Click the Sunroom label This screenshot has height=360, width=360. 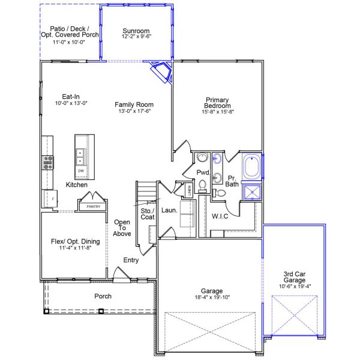(x=136, y=31)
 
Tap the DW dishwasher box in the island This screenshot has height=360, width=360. (x=81, y=171)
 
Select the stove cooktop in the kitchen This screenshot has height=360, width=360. (x=48, y=163)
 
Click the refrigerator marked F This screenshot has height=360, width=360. (x=50, y=199)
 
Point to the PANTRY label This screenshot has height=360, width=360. (x=94, y=206)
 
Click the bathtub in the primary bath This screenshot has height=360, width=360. (x=252, y=167)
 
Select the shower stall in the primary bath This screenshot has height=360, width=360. (x=252, y=192)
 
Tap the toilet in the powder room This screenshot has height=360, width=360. (x=203, y=186)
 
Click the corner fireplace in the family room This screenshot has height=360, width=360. (x=161, y=71)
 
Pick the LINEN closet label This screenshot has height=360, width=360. (x=190, y=190)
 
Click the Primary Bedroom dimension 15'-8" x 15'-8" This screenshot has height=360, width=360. (x=218, y=112)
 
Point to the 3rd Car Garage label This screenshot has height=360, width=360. (x=295, y=277)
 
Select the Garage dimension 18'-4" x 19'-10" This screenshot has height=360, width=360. (x=212, y=298)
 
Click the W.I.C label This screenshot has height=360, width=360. (x=220, y=216)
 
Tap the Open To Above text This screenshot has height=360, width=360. (x=122, y=228)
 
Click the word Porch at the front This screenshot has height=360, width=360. (x=103, y=296)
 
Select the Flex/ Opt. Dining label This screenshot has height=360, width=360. (x=76, y=242)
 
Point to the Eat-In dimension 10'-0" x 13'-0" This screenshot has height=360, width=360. (x=71, y=103)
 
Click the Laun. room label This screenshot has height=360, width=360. (x=169, y=211)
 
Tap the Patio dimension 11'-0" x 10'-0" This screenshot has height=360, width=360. (x=69, y=42)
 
